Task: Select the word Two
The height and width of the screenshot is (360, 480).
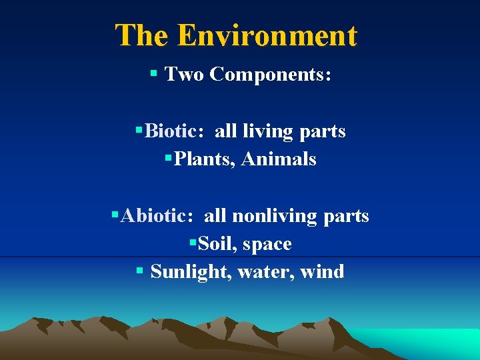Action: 184,74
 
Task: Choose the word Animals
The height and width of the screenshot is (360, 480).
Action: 279,159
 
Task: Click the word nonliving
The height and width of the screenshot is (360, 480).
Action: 273,217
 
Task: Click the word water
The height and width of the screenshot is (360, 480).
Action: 263,272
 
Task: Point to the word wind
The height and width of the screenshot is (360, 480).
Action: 322,272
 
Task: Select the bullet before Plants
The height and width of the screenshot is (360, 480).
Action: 168,159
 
